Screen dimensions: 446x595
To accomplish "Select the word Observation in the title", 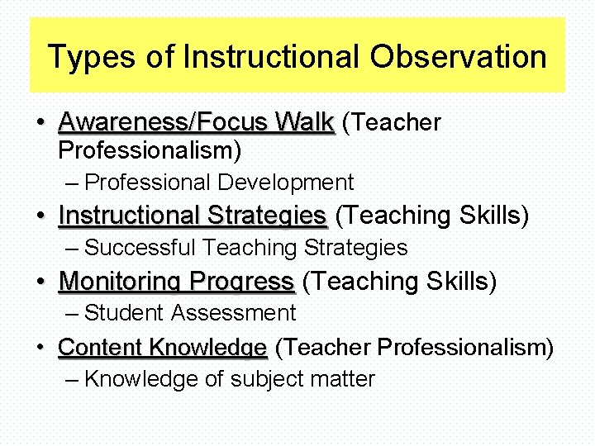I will (459, 58).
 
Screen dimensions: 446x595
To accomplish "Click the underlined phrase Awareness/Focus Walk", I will (196, 123).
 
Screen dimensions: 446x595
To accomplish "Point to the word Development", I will (285, 182).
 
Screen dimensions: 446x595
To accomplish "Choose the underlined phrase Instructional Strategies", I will (193, 216).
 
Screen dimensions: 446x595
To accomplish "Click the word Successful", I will (140, 248).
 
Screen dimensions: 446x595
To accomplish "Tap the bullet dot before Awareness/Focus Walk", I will (40, 124).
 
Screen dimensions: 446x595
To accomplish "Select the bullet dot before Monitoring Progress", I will (40, 282).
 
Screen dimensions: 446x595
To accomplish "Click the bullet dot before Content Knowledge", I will (40, 348).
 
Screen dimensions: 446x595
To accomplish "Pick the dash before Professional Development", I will (71, 183).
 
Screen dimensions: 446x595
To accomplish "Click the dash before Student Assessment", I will (71, 314).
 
